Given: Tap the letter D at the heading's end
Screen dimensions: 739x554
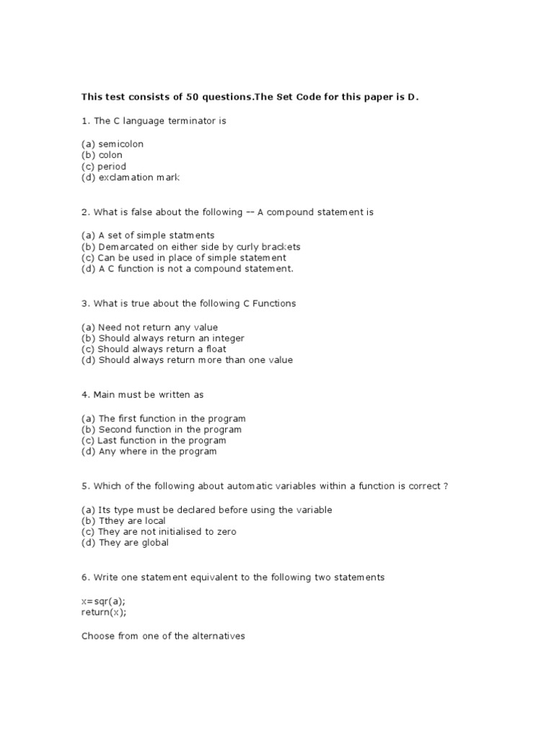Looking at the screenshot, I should pos(412,97).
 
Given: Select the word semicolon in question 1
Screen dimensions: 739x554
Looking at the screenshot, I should pos(121,144).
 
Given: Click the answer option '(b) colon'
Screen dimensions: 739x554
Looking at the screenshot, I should pos(102,154).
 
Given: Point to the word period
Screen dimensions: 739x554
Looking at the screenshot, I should pos(112,166).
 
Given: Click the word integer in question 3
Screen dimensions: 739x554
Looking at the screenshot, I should pos(227,338).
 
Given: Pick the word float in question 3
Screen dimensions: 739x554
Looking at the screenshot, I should pos(214,349).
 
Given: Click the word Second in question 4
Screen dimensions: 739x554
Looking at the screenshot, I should pos(115,429).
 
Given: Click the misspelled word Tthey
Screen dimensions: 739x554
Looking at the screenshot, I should pos(112,520).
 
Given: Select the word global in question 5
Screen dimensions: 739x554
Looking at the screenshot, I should pos(154,543).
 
